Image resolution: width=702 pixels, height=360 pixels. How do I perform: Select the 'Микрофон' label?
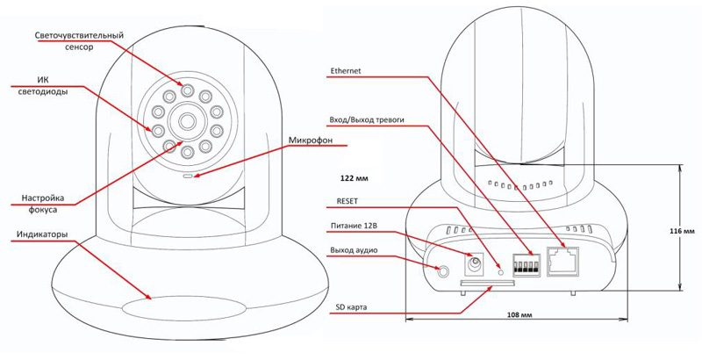(x=311, y=141)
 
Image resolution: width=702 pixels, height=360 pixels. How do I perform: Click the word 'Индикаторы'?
(x=45, y=236)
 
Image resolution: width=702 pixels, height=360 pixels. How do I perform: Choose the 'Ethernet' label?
(x=347, y=71)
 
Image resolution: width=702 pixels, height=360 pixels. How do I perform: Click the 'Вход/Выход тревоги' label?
(x=367, y=119)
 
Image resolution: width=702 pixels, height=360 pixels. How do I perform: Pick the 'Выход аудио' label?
(x=354, y=250)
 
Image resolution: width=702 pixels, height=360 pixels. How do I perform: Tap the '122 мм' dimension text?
(x=353, y=178)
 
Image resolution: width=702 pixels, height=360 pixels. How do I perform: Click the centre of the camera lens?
(x=187, y=119)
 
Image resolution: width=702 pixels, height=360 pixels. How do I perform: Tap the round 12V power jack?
(x=476, y=262)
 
